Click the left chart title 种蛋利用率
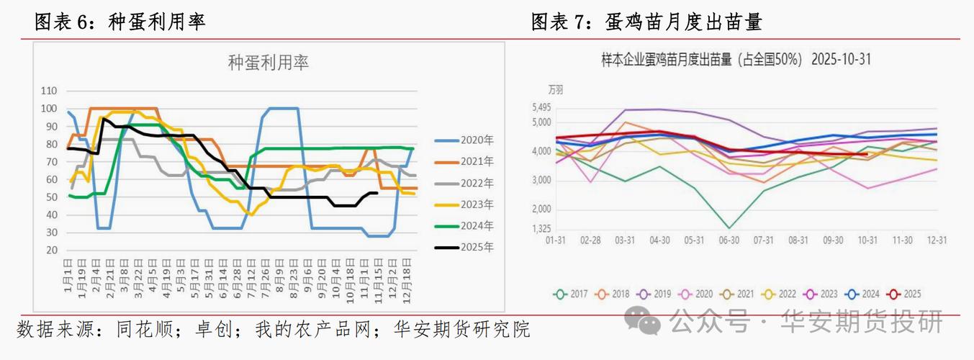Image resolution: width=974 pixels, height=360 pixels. (x=269, y=63)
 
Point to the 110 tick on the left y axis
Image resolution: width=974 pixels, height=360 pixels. (x=49, y=91)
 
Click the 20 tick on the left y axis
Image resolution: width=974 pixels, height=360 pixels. (x=51, y=250)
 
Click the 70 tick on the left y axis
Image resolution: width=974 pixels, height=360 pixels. (x=51, y=161)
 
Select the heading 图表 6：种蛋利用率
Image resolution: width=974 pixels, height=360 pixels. (x=120, y=22)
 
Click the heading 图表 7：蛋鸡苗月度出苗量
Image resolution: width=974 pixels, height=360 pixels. (x=646, y=22)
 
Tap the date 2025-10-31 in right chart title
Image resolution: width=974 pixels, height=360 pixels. (x=841, y=60)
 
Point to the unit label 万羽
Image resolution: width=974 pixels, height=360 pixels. (x=556, y=91)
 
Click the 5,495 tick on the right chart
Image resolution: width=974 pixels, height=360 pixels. (x=541, y=107)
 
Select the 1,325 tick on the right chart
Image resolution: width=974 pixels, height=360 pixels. (x=541, y=229)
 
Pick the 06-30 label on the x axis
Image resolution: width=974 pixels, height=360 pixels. (x=729, y=240)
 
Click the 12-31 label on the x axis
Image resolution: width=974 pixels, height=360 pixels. (x=936, y=240)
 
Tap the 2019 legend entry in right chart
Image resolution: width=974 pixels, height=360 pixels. (x=656, y=294)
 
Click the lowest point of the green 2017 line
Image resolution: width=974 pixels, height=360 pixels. (x=729, y=228)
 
